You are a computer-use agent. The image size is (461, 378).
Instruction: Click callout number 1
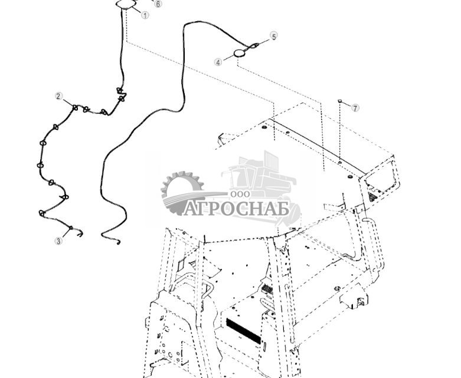(145, 15)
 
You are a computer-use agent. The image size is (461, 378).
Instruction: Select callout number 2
(59, 96)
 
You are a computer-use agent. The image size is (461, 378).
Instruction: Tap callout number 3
(59, 241)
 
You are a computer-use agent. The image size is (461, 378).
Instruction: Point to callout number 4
(218, 63)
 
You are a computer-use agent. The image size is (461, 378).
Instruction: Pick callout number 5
(274, 37)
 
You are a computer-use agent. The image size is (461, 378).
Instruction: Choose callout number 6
(158, 4)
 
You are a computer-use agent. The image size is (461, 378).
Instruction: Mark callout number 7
(355, 108)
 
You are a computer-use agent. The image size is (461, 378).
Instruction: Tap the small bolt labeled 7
(339, 101)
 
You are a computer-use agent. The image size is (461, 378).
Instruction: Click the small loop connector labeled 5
(254, 45)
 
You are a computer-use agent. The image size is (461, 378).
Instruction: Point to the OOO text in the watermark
(240, 194)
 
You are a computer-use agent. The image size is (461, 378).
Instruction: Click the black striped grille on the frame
(243, 331)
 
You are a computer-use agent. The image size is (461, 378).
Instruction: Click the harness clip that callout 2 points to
(76, 108)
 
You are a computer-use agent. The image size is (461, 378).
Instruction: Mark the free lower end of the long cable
(118, 243)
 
